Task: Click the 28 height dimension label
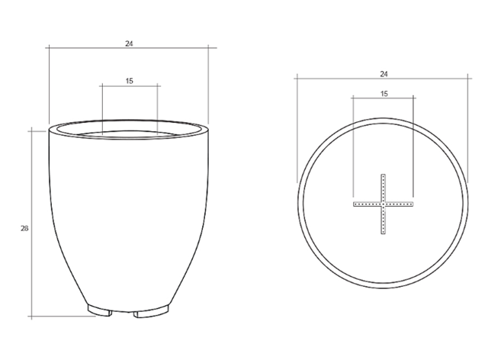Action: (24, 229)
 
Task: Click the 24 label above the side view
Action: (129, 43)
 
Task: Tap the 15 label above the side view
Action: (129, 81)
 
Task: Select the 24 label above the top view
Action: (384, 74)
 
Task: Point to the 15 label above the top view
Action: (384, 94)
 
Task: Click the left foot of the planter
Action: (100, 310)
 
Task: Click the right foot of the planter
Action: (152, 312)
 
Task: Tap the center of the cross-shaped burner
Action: (383, 204)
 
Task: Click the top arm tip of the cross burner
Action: (383, 175)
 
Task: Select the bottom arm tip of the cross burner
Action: (383, 233)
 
